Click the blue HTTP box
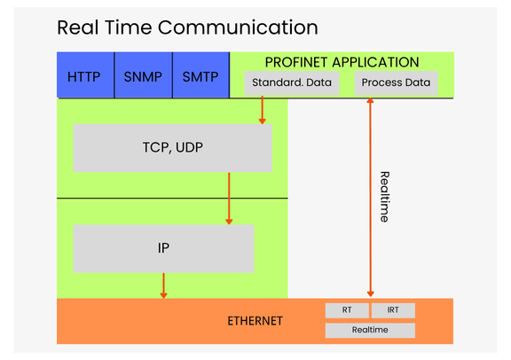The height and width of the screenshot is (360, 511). click(85, 75)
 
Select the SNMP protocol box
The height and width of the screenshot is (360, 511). click(144, 75)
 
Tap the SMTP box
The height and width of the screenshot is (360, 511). click(200, 75)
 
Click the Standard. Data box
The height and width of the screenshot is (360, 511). click(292, 83)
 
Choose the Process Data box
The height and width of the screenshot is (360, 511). click(396, 83)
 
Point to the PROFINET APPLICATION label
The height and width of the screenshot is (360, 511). click(342, 62)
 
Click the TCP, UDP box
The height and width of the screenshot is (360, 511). click(173, 148)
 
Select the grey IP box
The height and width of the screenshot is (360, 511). click(163, 248)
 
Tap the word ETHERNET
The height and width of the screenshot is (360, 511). click(255, 321)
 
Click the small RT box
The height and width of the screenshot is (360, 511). click(347, 310)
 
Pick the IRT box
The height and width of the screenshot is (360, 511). click(393, 310)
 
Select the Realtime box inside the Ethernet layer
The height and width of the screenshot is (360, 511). click(370, 330)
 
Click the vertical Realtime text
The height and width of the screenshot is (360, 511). click(385, 197)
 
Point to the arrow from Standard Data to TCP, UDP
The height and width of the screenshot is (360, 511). click(262, 110)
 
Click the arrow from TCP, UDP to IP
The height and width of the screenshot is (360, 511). click(229, 199)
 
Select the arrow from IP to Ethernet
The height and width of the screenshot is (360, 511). click(163, 286)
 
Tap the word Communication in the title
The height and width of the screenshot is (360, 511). click(238, 27)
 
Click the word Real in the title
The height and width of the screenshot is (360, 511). click(77, 27)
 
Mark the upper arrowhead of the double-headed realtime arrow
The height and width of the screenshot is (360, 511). click(370, 101)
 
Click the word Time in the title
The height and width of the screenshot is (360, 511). click(128, 27)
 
